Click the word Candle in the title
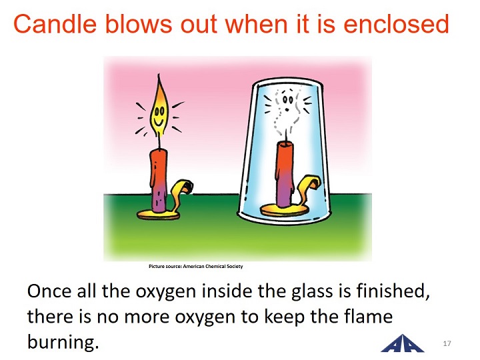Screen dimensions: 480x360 pyautogui.click(x=55, y=24)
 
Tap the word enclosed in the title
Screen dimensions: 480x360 pyautogui.click(x=396, y=24)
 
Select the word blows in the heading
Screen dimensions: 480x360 pyautogui.click(x=139, y=24)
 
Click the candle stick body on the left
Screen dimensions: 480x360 pyautogui.click(x=159, y=181)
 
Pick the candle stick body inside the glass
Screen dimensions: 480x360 pyautogui.click(x=286, y=174)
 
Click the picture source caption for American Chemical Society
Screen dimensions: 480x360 pyautogui.click(x=195, y=266)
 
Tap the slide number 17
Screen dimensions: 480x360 pyautogui.click(x=447, y=343)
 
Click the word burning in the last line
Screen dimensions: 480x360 pyautogui.click(x=63, y=341)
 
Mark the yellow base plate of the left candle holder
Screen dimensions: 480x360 pyautogui.click(x=158, y=215)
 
